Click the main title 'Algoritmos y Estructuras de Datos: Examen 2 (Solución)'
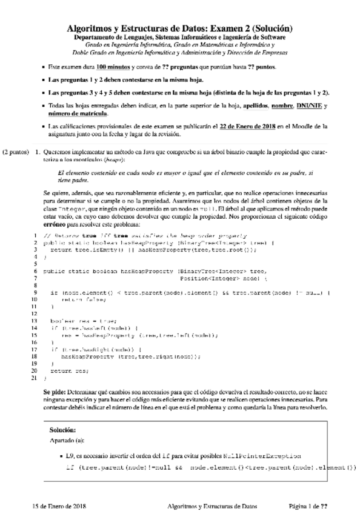point(179,28)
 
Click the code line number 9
point(36,293)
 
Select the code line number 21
point(35,378)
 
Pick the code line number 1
point(36,235)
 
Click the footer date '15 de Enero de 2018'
point(59,505)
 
